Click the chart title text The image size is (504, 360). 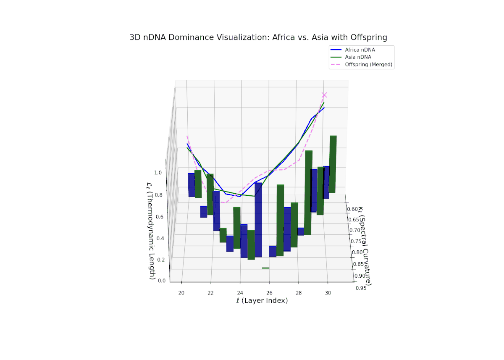click(x=258, y=37)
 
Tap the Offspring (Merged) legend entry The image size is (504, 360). click(x=368, y=64)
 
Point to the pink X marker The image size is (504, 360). click(x=324, y=95)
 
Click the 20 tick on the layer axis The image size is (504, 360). click(x=181, y=292)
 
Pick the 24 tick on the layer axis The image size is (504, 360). click(x=240, y=292)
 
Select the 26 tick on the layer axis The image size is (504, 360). click(x=269, y=292)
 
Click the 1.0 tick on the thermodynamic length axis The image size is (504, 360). click(x=158, y=173)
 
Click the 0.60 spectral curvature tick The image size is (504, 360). click(x=352, y=209)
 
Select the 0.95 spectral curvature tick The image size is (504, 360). click(x=360, y=288)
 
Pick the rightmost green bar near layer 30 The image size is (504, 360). click(x=333, y=164)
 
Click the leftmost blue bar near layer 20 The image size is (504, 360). click(x=191, y=185)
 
